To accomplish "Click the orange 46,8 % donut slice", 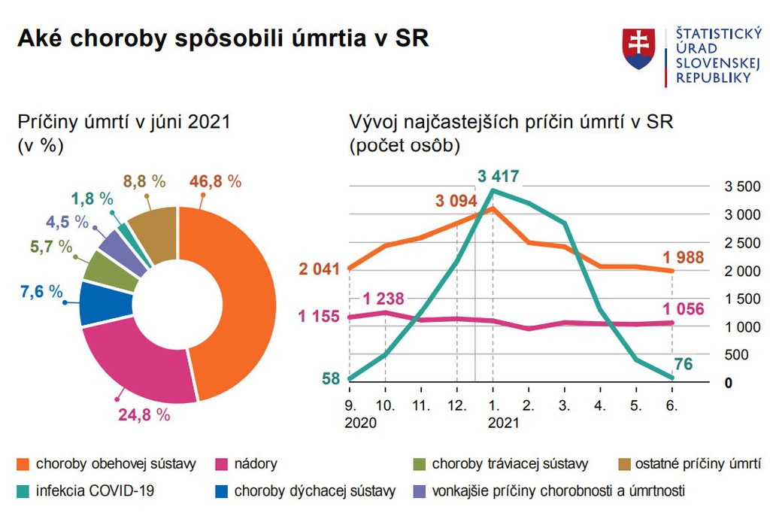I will [241, 301].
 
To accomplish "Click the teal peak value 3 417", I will [499, 178].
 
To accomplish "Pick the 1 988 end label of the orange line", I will [684, 257].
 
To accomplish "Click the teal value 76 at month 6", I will [682, 365].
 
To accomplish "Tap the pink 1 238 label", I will [383, 298].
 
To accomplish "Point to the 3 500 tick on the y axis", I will [741, 187].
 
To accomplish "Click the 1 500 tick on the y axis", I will [741, 299].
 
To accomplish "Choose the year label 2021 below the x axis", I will [503, 423].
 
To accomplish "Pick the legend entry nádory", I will [256, 464].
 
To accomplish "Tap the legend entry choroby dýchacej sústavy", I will [315, 491].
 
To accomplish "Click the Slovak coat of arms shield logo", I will [638, 49].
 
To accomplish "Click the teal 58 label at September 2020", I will [332, 378].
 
